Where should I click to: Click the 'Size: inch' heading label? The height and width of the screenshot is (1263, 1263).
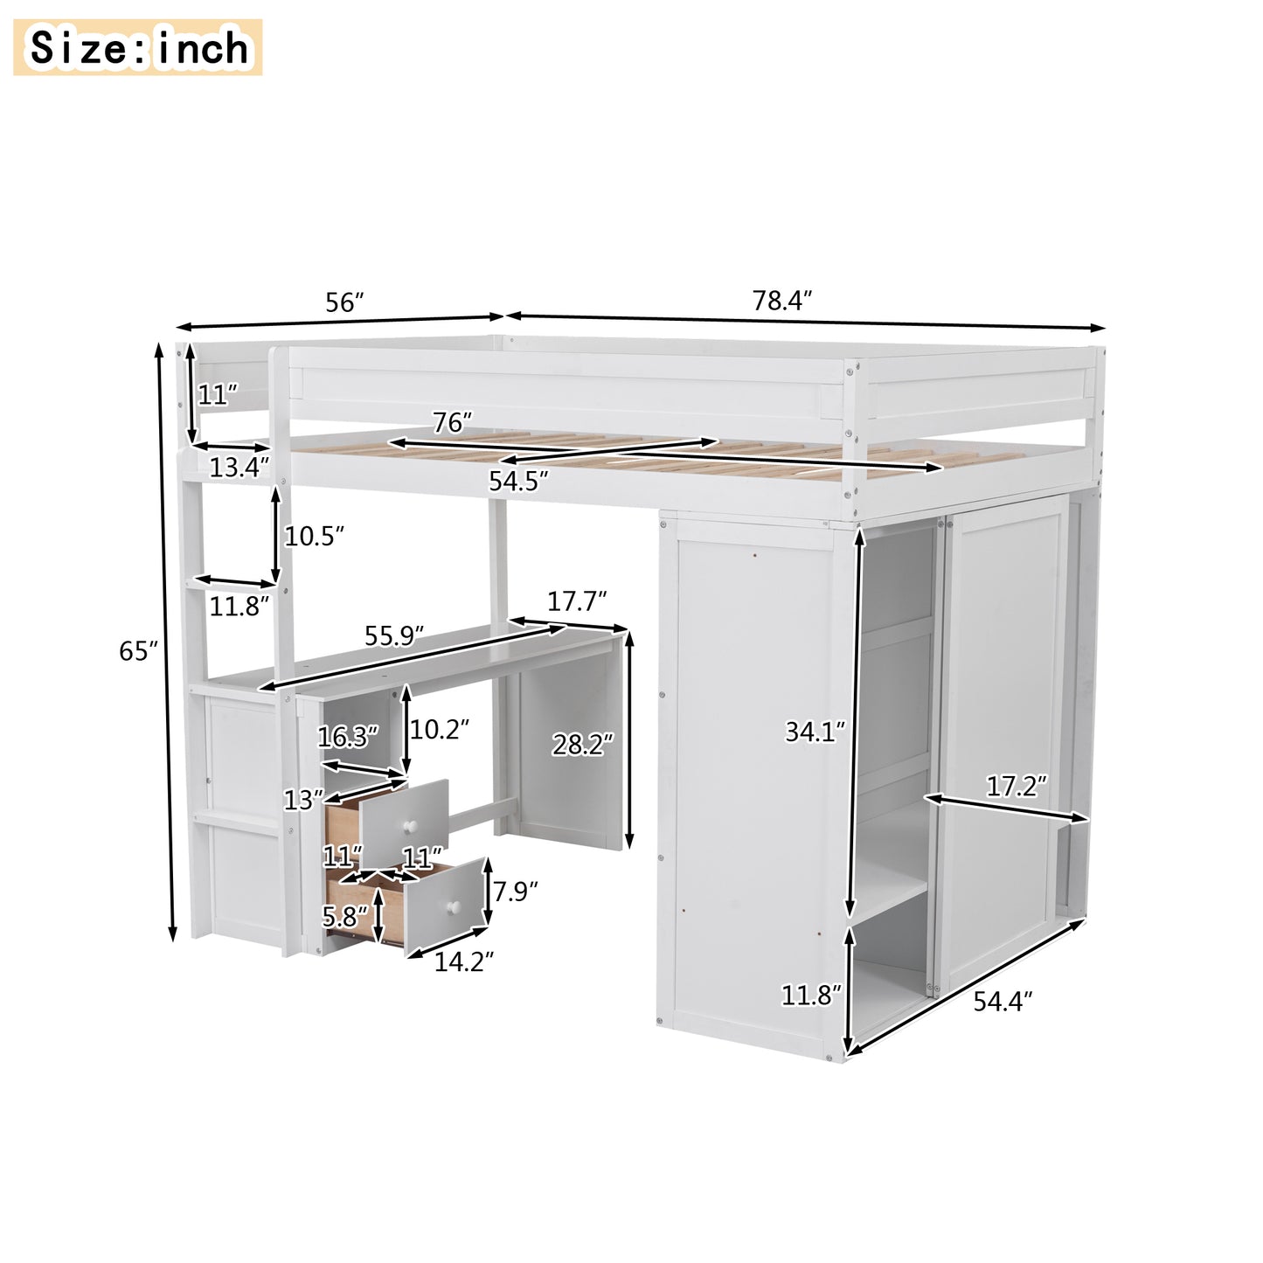click(x=138, y=47)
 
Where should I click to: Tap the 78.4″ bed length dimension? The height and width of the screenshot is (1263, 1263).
click(x=782, y=301)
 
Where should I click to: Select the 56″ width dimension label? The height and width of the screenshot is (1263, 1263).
click(x=344, y=302)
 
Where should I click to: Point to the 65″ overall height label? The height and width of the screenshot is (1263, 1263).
click(x=139, y=651)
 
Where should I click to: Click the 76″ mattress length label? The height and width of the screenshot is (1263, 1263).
click(x=453, y=423)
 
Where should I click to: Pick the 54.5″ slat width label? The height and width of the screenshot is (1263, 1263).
click(x=518, y=481)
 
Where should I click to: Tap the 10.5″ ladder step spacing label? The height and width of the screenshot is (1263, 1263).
click(x=314, y=536)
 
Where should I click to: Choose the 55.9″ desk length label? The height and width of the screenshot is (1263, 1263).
click(x=395, y=635)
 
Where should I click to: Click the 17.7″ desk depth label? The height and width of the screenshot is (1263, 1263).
click(x=577, y=601)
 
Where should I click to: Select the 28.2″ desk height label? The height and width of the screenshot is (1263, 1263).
click(x=582, y=745)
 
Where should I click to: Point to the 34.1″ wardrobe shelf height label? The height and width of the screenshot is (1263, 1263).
click(x=815, y=731)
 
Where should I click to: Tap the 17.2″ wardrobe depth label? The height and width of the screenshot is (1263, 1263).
click(x=1017, y=787)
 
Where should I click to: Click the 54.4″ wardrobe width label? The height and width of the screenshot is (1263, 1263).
click(x=1003, y=1001)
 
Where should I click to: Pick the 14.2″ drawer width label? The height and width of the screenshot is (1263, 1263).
click(x=464, y=961)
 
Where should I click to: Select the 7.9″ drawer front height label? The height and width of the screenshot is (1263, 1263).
click(x=515, y=892)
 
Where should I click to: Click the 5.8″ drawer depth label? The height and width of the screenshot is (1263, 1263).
click(x=345, y=916)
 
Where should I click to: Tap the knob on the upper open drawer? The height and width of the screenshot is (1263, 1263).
click(x=407, y=826)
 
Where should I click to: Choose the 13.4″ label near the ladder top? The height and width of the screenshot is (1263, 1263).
click(x=239, y=468)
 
